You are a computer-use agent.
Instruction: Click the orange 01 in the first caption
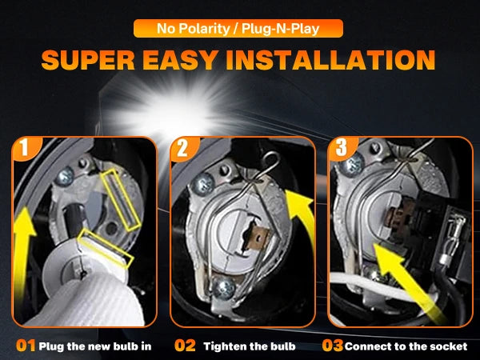point(26,346)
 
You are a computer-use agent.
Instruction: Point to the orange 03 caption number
point(333,346)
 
